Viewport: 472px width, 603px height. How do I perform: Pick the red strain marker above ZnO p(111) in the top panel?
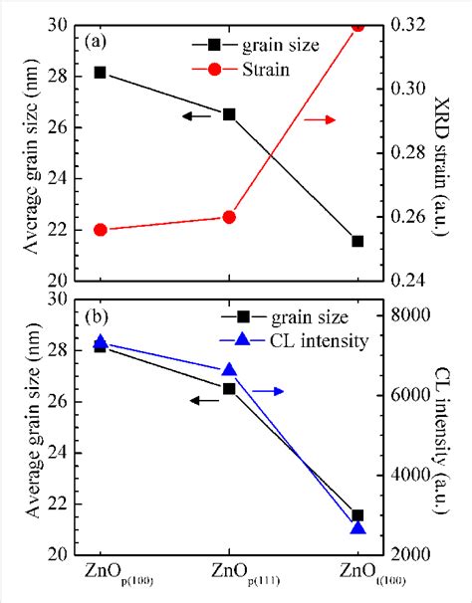coord(229,217)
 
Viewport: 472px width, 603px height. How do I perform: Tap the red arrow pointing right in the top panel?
coord(320,119)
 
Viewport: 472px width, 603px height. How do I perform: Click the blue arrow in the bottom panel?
coord(268,391)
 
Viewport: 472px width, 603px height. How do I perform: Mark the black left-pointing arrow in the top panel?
coord(197,116)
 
